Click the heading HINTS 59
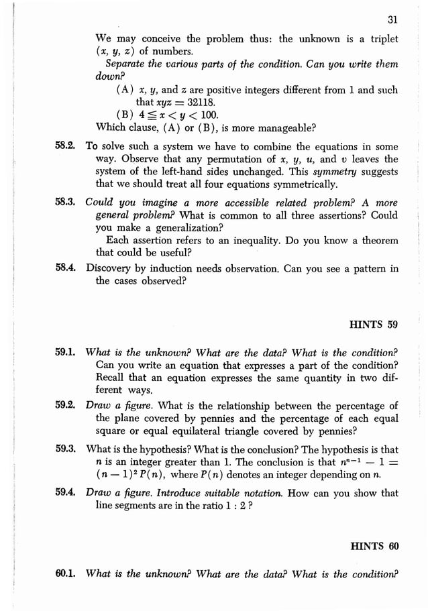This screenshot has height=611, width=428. (374, 325)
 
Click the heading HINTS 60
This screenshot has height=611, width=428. (374, 546)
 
